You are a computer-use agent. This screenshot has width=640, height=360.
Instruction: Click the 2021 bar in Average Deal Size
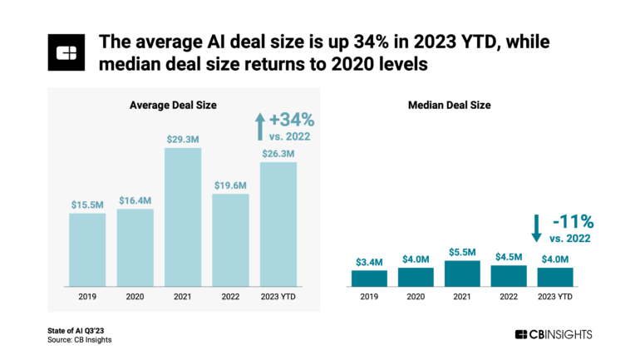click(x=183, y=216)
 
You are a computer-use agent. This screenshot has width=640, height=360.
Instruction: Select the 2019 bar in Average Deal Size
click(x=87, y=249)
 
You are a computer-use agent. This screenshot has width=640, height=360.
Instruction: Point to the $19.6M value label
click(x=230, y=185)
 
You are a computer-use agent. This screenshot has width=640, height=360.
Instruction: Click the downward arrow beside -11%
click(x=537, y=227)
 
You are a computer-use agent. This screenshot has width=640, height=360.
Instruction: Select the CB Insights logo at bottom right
click(x=554, y=334)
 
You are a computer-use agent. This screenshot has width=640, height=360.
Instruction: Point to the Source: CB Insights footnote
click(x=79, y=339)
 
